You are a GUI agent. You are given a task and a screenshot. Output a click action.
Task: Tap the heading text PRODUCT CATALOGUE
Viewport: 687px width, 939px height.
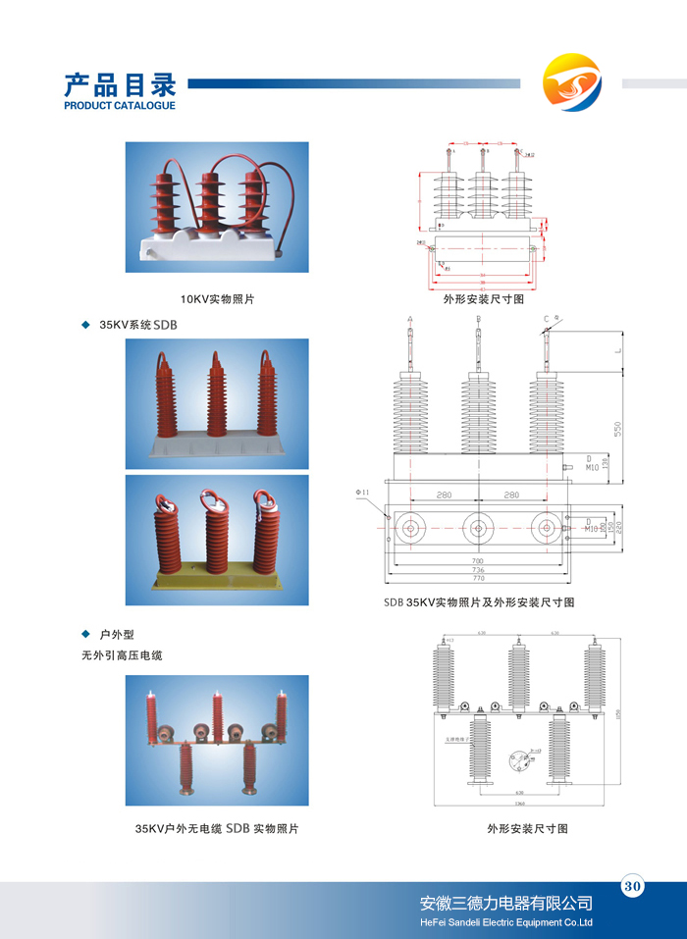pyautogui.click(x=119, y=105)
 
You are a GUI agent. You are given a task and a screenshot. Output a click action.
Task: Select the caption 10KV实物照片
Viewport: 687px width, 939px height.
pyautogui.click(x=217, y=298)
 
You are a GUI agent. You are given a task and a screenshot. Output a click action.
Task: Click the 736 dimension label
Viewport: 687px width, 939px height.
pyautogui.click(x=478, y=569)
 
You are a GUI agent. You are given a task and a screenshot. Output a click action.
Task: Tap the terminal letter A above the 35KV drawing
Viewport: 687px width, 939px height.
pyautogui.click(x=409, y=319)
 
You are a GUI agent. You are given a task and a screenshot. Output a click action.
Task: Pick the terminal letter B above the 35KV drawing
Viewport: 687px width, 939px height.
pyautogui.click(x=477, y=319)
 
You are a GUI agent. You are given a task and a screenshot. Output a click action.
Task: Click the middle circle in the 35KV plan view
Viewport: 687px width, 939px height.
pyautogui.click(x=478, y=527)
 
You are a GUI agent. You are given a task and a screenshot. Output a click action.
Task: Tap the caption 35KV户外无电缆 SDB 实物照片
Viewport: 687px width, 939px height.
pyautogui.click(x=217, y=829)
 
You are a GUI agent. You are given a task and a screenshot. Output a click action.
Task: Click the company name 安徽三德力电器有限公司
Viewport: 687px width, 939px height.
pyautogui.click(x=505, y=903)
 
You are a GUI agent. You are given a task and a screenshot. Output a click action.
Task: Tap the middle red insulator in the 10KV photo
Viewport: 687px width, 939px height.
pyautogui.click(x=210, y=201)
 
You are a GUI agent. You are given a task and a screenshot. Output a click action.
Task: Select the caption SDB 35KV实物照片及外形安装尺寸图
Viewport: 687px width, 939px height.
pyautogui.click(x=479, y=601)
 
